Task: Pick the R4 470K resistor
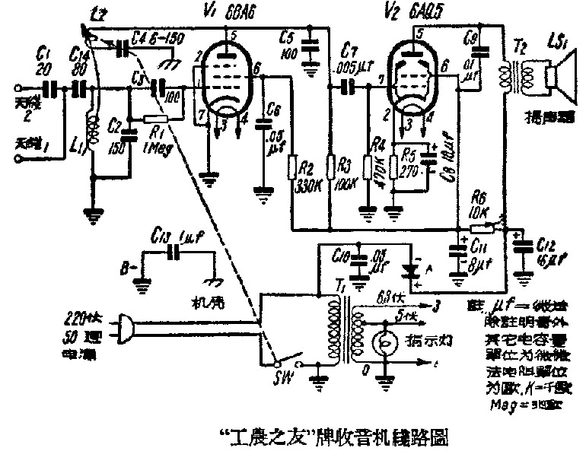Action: point(368,170)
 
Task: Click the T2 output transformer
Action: point(505,75)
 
